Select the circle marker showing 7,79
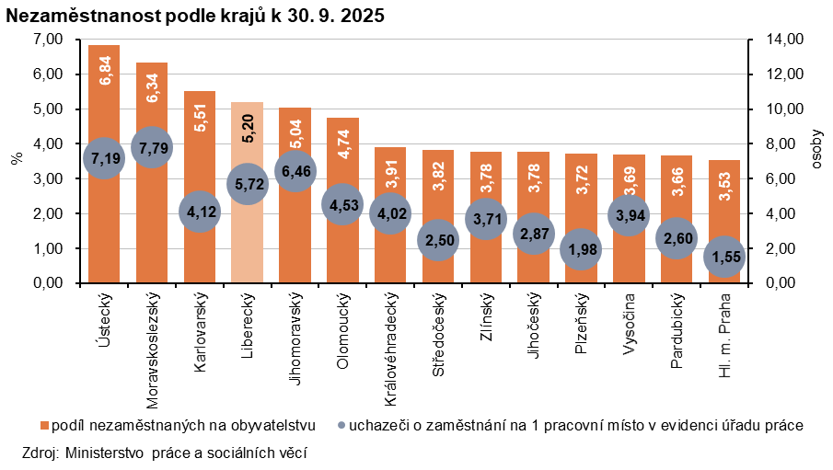(x=151, y=147)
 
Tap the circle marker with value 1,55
(x=724, y=257)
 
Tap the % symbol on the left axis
(x=16, y=158)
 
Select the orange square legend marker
(x=44, y=426)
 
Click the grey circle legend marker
(x=341, y=426)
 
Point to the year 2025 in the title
(x=364, y=17)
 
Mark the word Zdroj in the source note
(x=38, y=453)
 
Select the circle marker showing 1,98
(x=580, y=249)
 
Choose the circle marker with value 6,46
(x=295, y=170)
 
